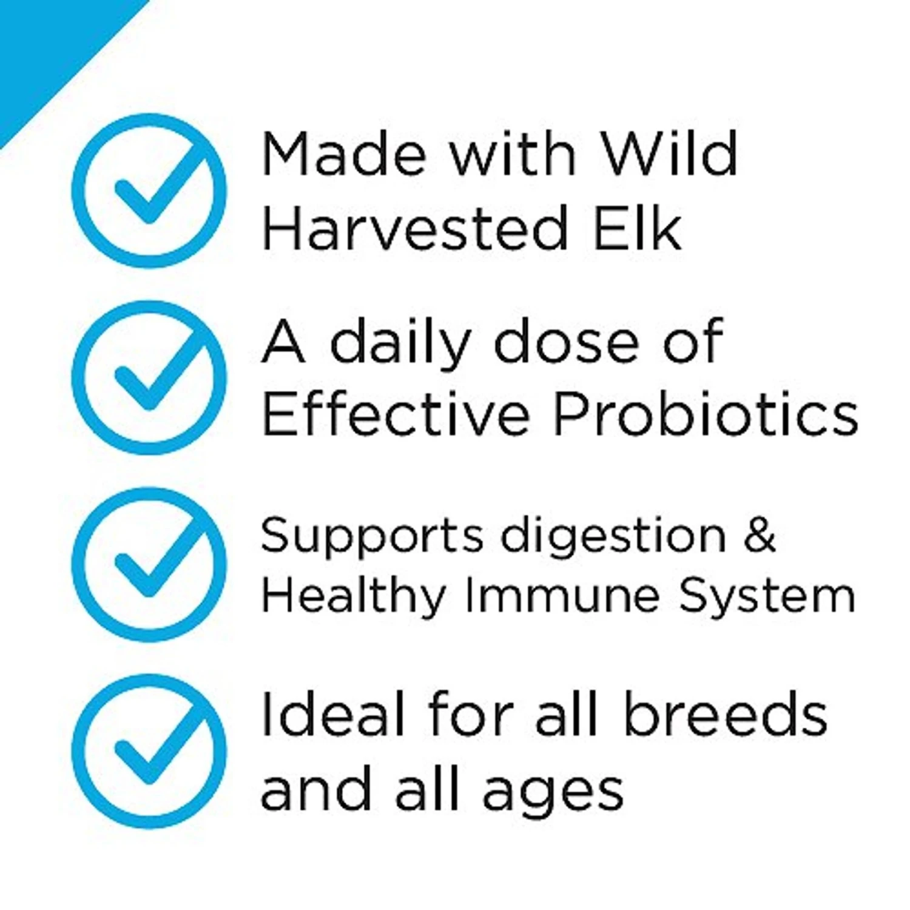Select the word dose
coord(567,341)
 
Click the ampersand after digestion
coord(760,535)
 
